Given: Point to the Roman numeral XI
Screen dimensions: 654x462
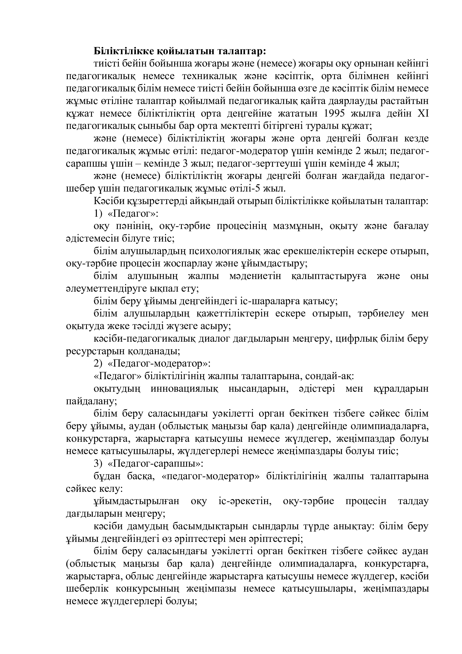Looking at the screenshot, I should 423,114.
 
